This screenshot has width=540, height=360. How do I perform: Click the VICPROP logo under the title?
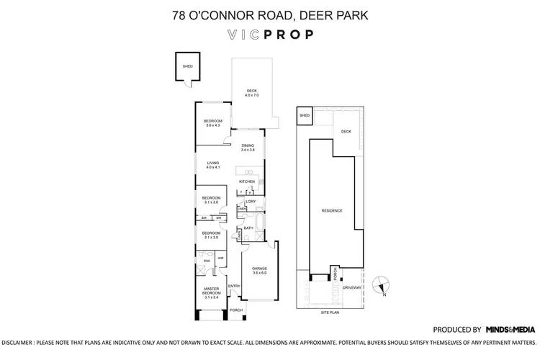pos(270,34)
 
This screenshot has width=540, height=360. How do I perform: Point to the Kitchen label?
pos(247,181)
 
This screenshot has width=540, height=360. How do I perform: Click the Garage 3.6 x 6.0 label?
pos(259,271)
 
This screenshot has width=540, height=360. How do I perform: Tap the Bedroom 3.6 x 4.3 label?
pos(212,123)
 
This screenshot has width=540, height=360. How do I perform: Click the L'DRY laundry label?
pos(251,202)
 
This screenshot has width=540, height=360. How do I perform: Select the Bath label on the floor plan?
pos(248,228)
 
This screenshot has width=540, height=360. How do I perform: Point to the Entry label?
pos(234,286)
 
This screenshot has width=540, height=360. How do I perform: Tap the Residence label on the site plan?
pos(332,210)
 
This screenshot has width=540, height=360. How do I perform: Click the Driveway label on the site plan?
pos(351,287)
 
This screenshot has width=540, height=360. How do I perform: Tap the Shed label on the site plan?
pos(305,115)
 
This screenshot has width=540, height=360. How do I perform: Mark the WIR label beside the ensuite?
pos(221,257)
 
